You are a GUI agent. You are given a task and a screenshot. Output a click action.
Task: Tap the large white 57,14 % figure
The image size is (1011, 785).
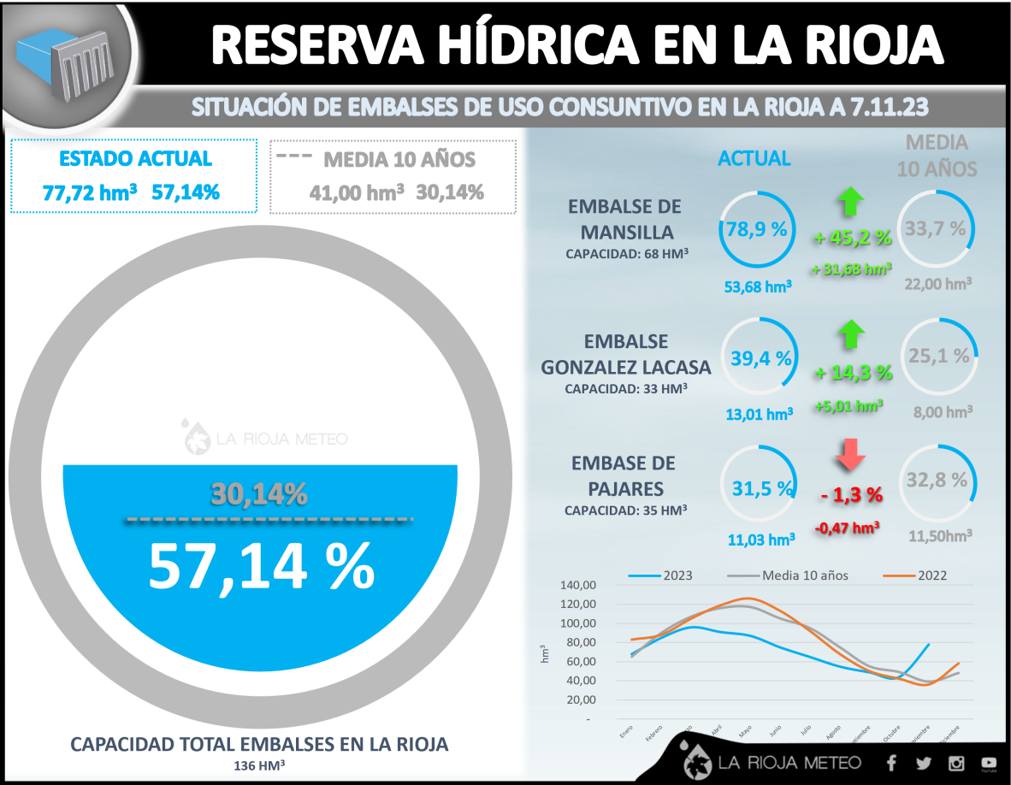pos(261,564)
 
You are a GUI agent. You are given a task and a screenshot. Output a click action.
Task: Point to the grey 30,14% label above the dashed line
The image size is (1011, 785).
pos(259,493)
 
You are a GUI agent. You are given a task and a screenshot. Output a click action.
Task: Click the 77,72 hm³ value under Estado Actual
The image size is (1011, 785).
pos(90,192)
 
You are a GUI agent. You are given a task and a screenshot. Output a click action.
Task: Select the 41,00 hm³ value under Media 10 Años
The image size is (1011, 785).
pos(357,192)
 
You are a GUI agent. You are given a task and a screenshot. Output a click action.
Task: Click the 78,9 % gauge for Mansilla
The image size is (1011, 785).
pos(756,229)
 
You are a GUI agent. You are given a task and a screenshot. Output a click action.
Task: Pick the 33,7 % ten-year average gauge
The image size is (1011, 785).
pos(936,229)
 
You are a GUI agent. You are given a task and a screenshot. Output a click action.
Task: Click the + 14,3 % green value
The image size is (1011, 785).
pos(852,373)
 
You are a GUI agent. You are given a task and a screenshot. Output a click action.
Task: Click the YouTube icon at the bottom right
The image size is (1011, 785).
pos(989,763)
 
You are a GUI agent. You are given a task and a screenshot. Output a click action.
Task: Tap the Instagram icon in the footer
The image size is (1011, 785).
pos(956,763)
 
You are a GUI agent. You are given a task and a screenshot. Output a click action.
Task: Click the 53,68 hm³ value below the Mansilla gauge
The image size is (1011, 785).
pos(757,286)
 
